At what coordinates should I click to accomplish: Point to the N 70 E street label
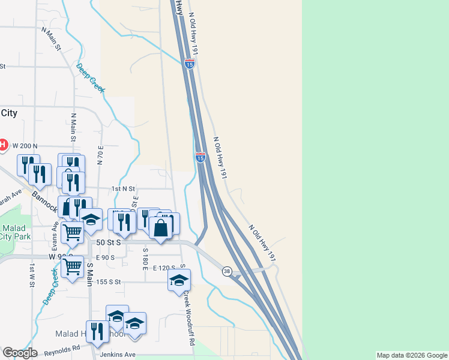point(100,155)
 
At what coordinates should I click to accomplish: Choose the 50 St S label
point(109,242)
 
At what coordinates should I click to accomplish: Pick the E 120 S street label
point(164,268)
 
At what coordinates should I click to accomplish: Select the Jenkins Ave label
point(118,355)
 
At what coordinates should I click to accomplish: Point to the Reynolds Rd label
point(59,348)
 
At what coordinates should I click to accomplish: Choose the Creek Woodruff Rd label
point(189,318)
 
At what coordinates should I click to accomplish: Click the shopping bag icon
point(161,228)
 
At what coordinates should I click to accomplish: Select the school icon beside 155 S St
point(179,280)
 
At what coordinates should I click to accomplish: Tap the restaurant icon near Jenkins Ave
point(98,331)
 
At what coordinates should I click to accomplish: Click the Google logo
point(20,353)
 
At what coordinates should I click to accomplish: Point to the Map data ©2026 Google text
point(411,355)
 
